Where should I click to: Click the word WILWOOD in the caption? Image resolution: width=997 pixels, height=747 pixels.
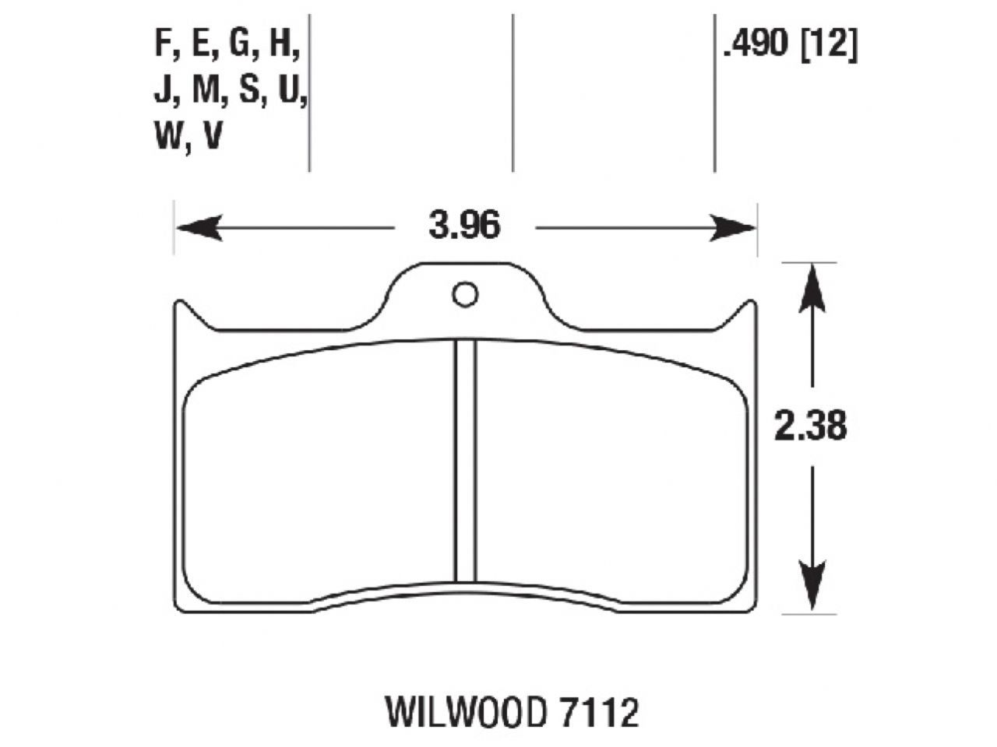coord(463,712)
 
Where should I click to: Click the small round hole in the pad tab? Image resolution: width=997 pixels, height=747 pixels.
coord(465,294)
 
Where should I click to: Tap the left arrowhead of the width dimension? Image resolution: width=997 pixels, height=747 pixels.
coord(195,227)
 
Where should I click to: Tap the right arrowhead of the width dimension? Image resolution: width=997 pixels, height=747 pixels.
coord(735,227)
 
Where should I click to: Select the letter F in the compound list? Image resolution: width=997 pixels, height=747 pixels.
coord(163,44)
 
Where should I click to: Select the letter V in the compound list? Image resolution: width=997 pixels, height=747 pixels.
coord(213,138)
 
